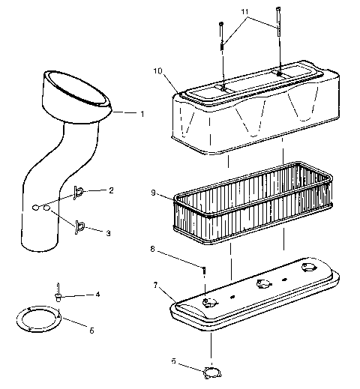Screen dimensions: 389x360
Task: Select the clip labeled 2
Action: pyautogui.click(x=78, y=193)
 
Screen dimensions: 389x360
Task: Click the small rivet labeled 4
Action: pyautogui.click(x=56, y=292)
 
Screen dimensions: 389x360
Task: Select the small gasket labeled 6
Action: pyautogui.click(x=212, y=371)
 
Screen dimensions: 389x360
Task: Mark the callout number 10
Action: pyautogui.click(x=157, y=71)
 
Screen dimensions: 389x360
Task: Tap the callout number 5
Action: pyautogui.click(x=92, y=329)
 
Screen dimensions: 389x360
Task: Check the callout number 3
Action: pyautogui.click(x=107, y=234)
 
